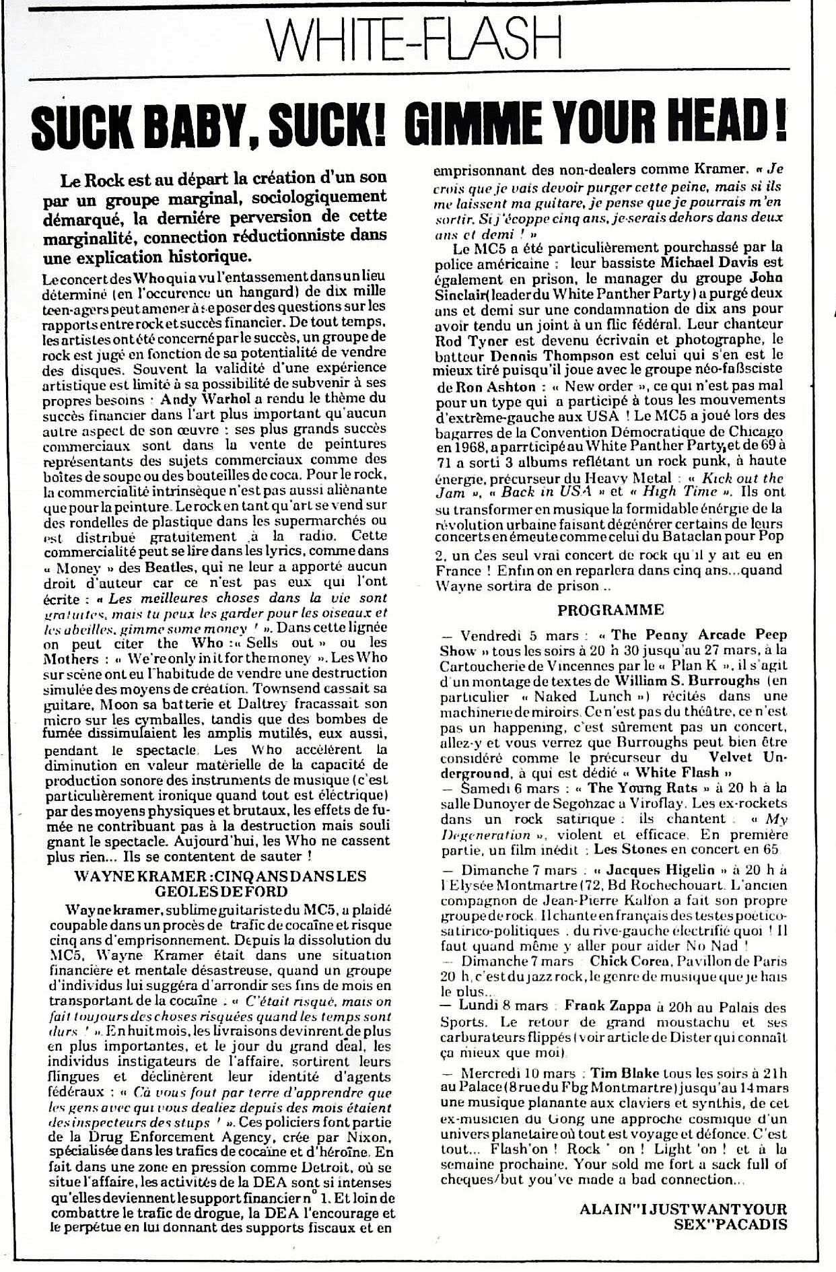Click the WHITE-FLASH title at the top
coord(417,37)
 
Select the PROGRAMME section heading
coord(611,610)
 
